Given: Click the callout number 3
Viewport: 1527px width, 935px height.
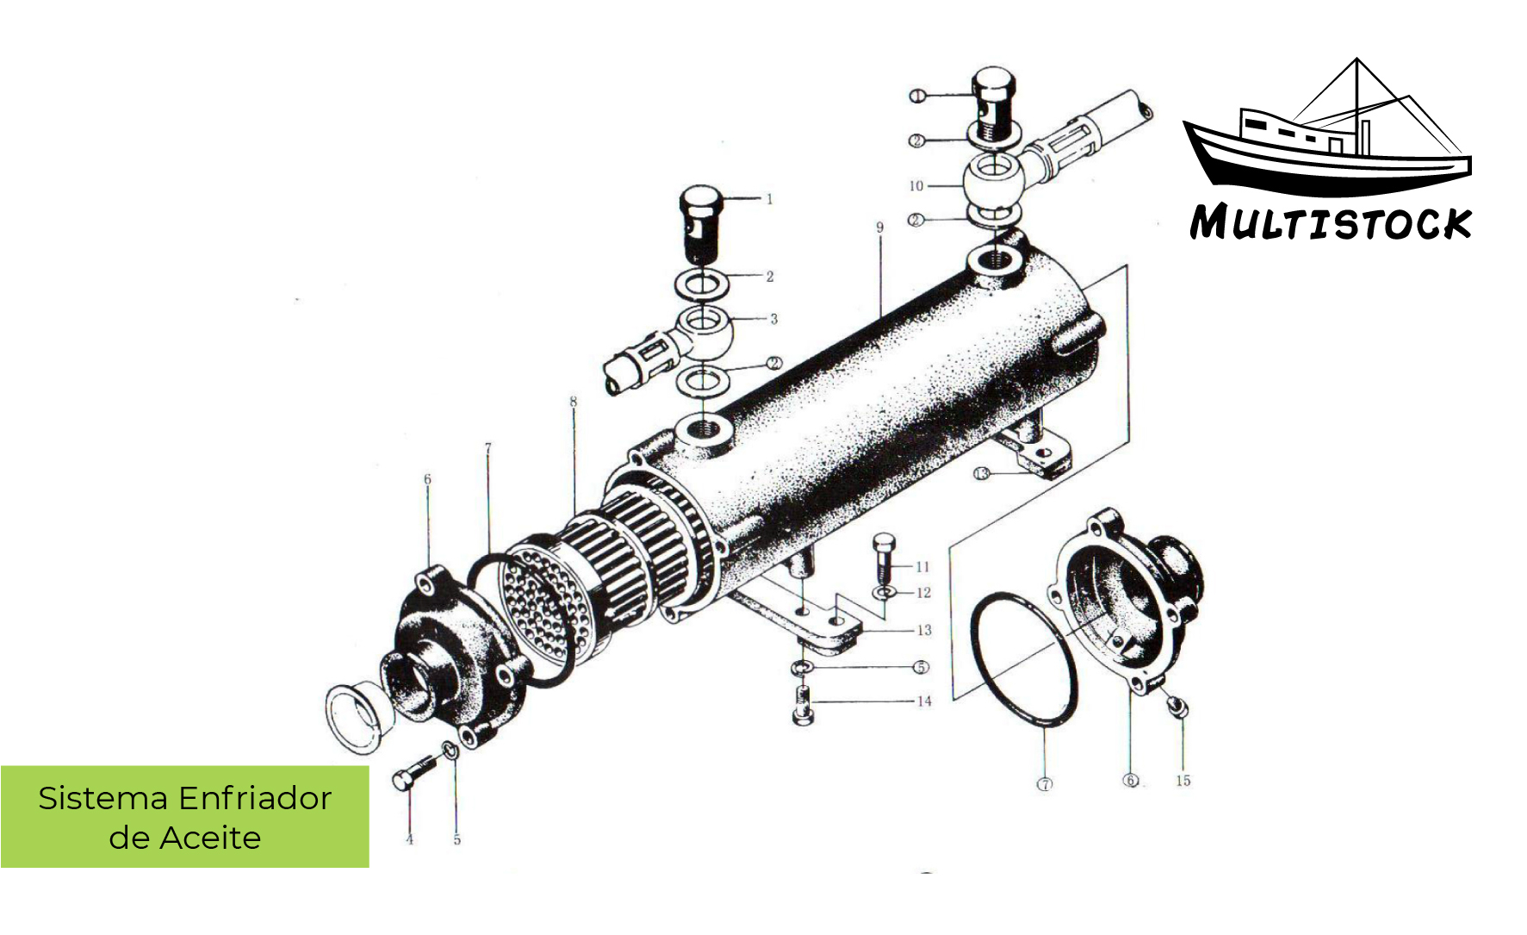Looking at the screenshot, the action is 773,319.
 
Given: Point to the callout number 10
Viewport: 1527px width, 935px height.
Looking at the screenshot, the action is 916,186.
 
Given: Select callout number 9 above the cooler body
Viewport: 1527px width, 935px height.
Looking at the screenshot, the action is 879,228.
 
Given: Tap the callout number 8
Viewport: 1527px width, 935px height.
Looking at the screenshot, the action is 573,402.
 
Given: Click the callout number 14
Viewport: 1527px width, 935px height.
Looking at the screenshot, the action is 924,701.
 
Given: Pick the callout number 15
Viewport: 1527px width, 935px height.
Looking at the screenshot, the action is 1183,781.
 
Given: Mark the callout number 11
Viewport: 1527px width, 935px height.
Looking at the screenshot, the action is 922,566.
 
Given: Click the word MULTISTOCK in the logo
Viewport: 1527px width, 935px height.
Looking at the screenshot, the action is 1331,222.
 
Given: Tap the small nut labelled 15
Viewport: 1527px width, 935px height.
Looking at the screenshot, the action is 1178,707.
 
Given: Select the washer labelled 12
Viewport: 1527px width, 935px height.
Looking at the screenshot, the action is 884,593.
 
